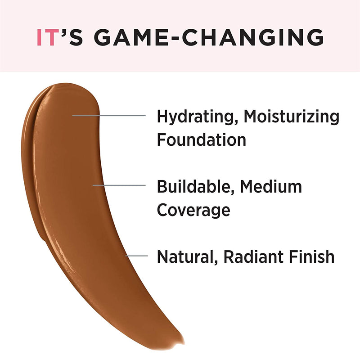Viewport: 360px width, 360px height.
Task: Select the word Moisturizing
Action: pos(292,116)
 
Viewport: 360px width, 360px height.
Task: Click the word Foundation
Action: pos(201,139)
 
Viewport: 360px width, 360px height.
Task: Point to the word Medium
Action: pos(271,186)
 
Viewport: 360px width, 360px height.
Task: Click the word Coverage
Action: pos(193,210)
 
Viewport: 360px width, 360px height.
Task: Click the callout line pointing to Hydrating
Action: pos(109,116)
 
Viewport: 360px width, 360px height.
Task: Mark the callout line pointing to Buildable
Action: pos(119,185)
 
